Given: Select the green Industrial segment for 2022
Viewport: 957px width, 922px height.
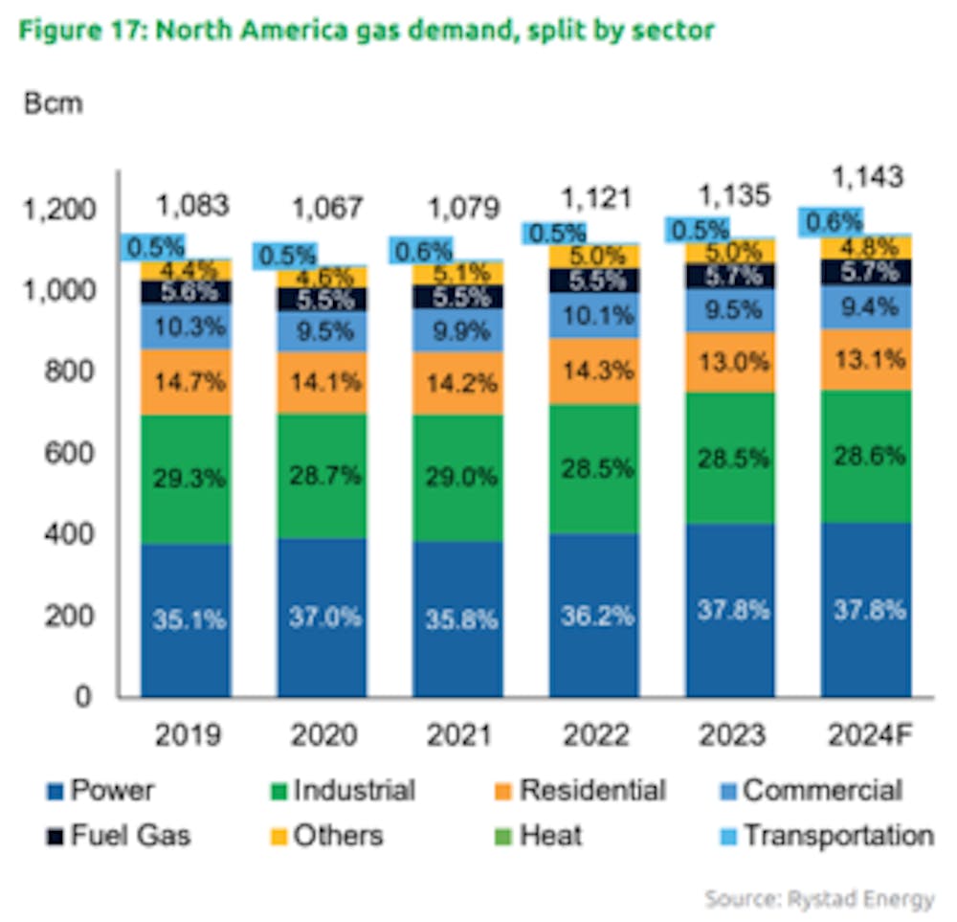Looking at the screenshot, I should point(594,469).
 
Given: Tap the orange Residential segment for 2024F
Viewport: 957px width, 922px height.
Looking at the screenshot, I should point(865,360).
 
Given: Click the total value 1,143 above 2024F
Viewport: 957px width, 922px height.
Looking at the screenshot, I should point(867,177).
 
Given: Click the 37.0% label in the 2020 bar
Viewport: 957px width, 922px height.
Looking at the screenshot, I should point(324,617).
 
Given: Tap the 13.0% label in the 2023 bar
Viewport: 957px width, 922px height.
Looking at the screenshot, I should point(729,363).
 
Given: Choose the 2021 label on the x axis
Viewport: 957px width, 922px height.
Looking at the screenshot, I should point(460,734).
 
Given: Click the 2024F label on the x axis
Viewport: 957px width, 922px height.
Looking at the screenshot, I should point(866,734).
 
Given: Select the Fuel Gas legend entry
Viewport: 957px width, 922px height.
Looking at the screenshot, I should point(119,835).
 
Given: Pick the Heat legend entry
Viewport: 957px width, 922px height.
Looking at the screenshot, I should point(537,835).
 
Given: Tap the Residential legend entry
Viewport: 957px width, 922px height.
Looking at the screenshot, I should point(580,791).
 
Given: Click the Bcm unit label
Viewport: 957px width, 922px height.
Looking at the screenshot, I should point(53,103).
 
